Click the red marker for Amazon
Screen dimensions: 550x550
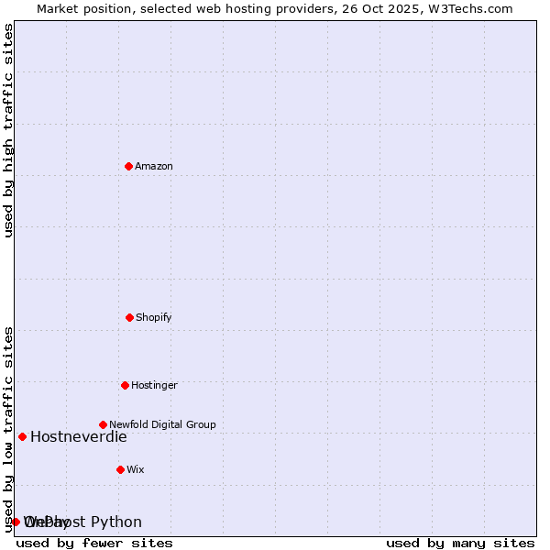pyautogui.click(x=128, y=166)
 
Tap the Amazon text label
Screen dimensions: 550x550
pyautogui.click(x=154, y=166)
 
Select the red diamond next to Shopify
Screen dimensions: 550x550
pyautogui.click(x=129, y=317)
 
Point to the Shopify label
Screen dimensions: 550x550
pyautogui.click(x=154, y=317)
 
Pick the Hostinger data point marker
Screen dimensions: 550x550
pyautogui.click(x=125, y=385)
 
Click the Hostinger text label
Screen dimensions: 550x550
pyautogui.click(x=154, y=385)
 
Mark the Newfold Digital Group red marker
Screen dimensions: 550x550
pyautogui.click(x=103, y=424)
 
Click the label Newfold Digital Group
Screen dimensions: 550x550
pyautogui.click(x=162, y=424)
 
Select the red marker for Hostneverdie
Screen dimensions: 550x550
pyautogui.click(x=22, y=436)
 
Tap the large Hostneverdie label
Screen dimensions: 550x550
pyautogui.click(x=78, y=436)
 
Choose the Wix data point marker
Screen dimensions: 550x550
pyautogui.click(x=120, y=469)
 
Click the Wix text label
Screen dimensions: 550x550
pyautogui.click(x=136, y=469)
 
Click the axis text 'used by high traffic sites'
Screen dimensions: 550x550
pyautogui.click(x=8, y=130)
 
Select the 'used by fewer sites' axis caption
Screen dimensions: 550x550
pyautogui.click(x=94, y=543)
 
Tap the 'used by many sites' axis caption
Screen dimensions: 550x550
pyautogui.click(x=460, y=543)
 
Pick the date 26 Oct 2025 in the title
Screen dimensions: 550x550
pyautogui.click(x=389, y=8)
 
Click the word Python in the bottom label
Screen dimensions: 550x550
pyautogui.click(x=116, y=522)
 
